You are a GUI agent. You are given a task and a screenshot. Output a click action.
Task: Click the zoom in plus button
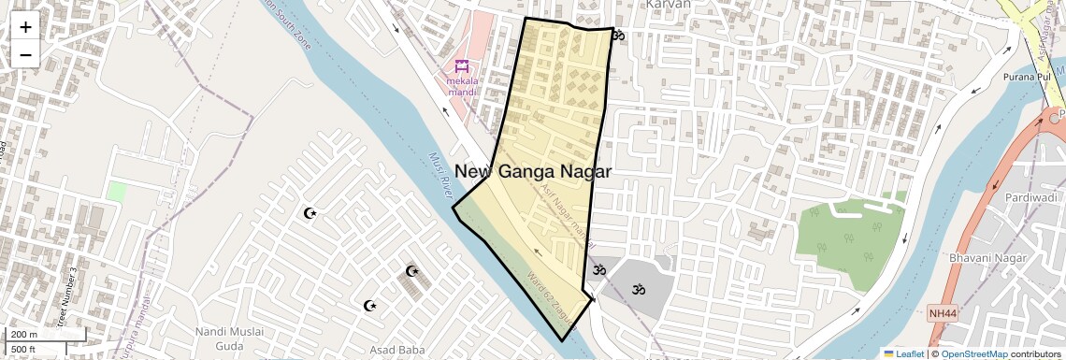[25, 27]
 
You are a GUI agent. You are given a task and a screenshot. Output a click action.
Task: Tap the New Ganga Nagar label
[533, 172]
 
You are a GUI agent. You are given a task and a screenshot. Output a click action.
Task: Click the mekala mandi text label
[461, 86]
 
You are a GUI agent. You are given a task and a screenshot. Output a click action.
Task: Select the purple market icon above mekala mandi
[460, 66]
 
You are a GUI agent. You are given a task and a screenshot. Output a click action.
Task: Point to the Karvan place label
[668, 5]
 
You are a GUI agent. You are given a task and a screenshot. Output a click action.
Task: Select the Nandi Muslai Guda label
[230, 338]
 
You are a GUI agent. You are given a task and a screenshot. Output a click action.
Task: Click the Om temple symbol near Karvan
[618, 36]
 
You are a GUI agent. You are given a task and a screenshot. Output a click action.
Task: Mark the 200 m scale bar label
[23, 334]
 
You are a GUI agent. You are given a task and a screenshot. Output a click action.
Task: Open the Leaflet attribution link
[903, 353]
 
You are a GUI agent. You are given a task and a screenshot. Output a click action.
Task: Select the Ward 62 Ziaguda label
[552, 297]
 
